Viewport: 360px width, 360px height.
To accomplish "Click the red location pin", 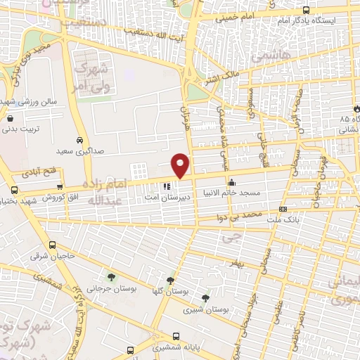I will click(181, 165).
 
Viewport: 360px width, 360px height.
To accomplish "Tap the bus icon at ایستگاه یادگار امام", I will click(306, 10).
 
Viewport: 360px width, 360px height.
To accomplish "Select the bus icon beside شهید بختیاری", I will click(14, 190).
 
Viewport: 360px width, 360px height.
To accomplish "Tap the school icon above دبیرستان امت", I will click(167, 186).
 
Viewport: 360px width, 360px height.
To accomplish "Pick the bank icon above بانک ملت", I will click(283, 209).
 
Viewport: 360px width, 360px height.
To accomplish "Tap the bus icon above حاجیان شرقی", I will click(53, 245).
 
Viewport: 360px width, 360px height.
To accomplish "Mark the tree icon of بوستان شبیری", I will click(205, 297).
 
